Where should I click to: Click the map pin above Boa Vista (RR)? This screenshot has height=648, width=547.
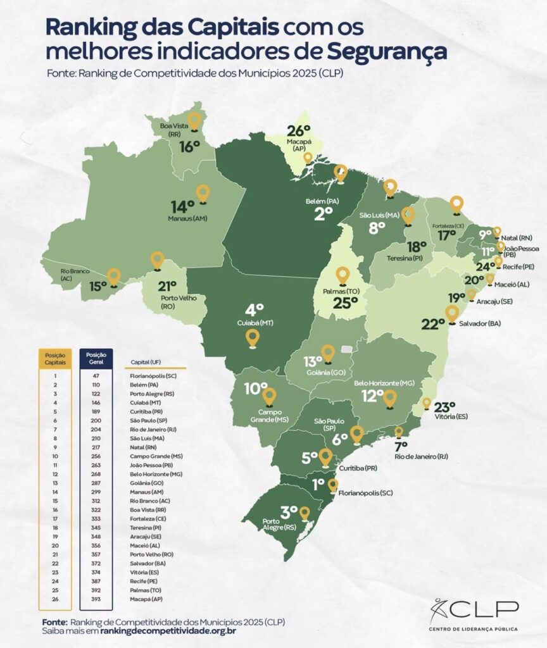[194, 120]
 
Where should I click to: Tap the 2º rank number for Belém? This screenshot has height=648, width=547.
[324, 214]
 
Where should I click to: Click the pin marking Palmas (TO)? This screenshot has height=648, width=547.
[343, 275]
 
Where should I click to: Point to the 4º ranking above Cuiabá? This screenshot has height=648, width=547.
[254, 310]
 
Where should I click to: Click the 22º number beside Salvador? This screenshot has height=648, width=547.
[433, 324]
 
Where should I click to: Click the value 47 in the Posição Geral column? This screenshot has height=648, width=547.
[96, 376]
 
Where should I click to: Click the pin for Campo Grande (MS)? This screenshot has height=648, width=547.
[269, 397]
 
